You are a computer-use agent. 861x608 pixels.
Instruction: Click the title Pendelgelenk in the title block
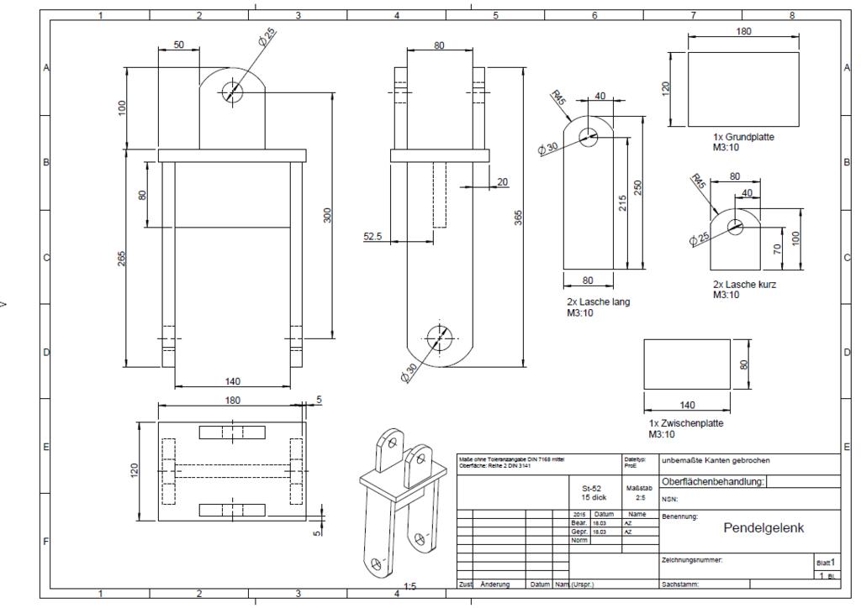763,528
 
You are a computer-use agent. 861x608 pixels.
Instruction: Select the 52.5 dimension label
372,237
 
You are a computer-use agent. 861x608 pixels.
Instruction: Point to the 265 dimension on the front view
122,256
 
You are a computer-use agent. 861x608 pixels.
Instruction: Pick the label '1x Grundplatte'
743,137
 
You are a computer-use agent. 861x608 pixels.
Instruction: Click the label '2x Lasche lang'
598,301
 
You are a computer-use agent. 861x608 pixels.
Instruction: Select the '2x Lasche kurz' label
744,285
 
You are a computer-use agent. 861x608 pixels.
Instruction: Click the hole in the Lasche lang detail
588,136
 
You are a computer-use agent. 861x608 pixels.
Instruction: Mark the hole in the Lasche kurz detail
736,225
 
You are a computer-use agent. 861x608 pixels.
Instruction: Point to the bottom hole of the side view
439,338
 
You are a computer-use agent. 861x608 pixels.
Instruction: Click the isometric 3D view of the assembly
401,500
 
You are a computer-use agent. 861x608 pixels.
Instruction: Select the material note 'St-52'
592,487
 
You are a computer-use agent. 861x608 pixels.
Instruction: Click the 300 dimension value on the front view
327,215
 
